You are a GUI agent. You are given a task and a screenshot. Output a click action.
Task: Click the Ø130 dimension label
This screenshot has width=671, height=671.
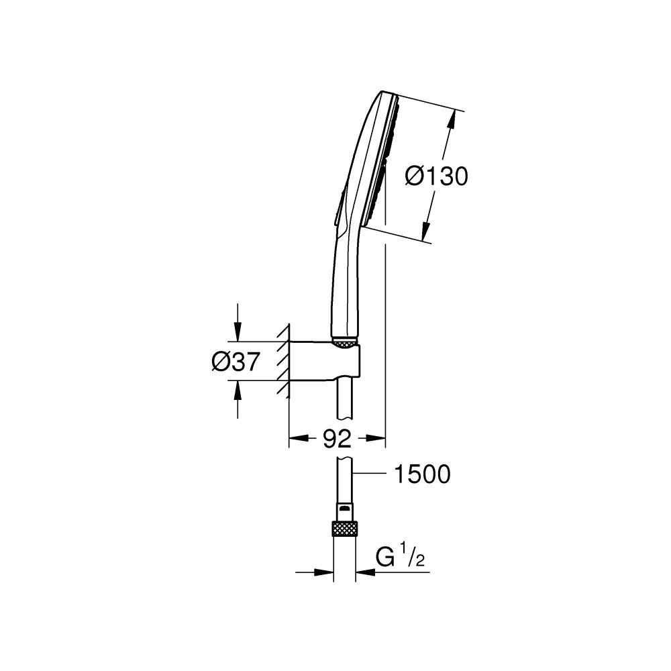click(x=436, y=176)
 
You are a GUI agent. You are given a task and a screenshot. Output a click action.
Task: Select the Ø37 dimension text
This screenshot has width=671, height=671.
click(x=235, y=362)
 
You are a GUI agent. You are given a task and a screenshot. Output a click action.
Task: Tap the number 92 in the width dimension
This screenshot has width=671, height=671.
click(x=337, y=440)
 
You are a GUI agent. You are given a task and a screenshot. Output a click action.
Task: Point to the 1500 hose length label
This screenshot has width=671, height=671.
click(x=422, y=474)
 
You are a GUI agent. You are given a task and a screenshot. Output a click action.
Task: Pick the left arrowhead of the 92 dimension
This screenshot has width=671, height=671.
click(x=295, y=440)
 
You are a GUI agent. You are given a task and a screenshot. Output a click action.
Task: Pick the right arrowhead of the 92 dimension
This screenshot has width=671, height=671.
click(x=379, y=440)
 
